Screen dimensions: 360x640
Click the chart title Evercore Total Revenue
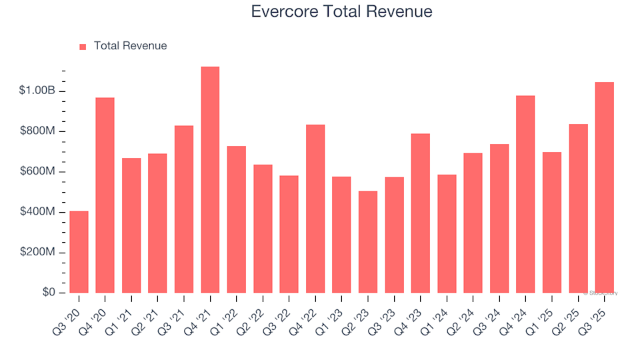point(341,11)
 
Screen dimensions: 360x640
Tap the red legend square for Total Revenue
point(83,47)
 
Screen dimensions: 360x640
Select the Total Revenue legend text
point(130,46)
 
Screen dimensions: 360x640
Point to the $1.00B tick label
point(37,91)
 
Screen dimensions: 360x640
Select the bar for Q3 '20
point(79,252)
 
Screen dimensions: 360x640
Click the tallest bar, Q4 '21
point(210,180)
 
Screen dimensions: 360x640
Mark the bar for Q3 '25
point(605,187)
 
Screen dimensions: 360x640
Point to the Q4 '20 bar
point(105,195)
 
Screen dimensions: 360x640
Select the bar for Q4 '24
point(525,194)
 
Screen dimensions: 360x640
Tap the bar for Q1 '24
point(447,233)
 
